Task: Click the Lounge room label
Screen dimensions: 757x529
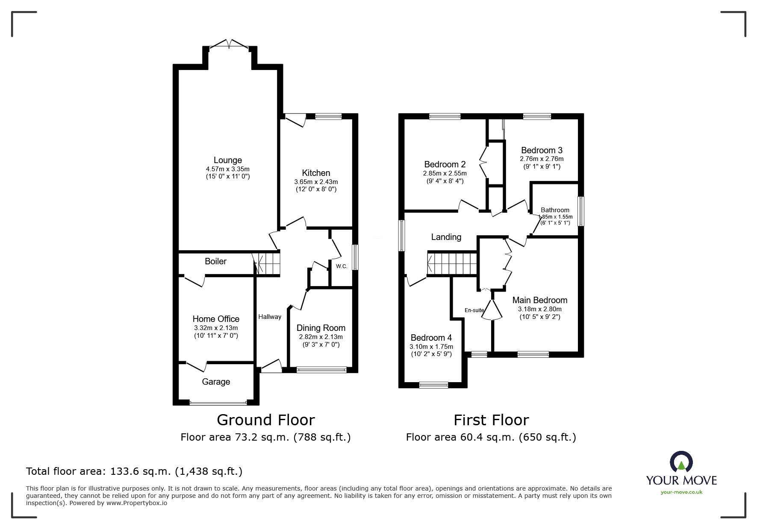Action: (227, 160)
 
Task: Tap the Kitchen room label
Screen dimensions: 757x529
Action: (316, 173)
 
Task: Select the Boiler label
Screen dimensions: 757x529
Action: (215, 261)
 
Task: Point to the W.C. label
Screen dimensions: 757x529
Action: (342, 266)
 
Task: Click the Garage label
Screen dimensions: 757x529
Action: (216, 382)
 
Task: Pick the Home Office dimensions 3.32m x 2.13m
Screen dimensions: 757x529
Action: (216, 328)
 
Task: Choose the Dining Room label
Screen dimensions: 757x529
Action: (321, 328)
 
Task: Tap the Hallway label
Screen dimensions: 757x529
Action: (270, 316)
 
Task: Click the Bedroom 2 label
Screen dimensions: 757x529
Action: (445, 164)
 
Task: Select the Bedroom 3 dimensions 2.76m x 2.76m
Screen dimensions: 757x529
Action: (542, 159)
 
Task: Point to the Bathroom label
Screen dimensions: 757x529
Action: (555, 210)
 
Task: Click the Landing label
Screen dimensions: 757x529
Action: (446, 237)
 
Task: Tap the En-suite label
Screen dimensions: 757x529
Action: (474, 310)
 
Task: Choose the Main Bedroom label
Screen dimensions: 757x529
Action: (540, 300)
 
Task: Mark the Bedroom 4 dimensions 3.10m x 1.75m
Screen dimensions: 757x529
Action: (431, 347)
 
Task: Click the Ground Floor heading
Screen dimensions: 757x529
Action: (266, 420)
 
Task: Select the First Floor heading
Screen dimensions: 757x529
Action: (491, 420)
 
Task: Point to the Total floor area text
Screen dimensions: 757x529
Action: (134, 471)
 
